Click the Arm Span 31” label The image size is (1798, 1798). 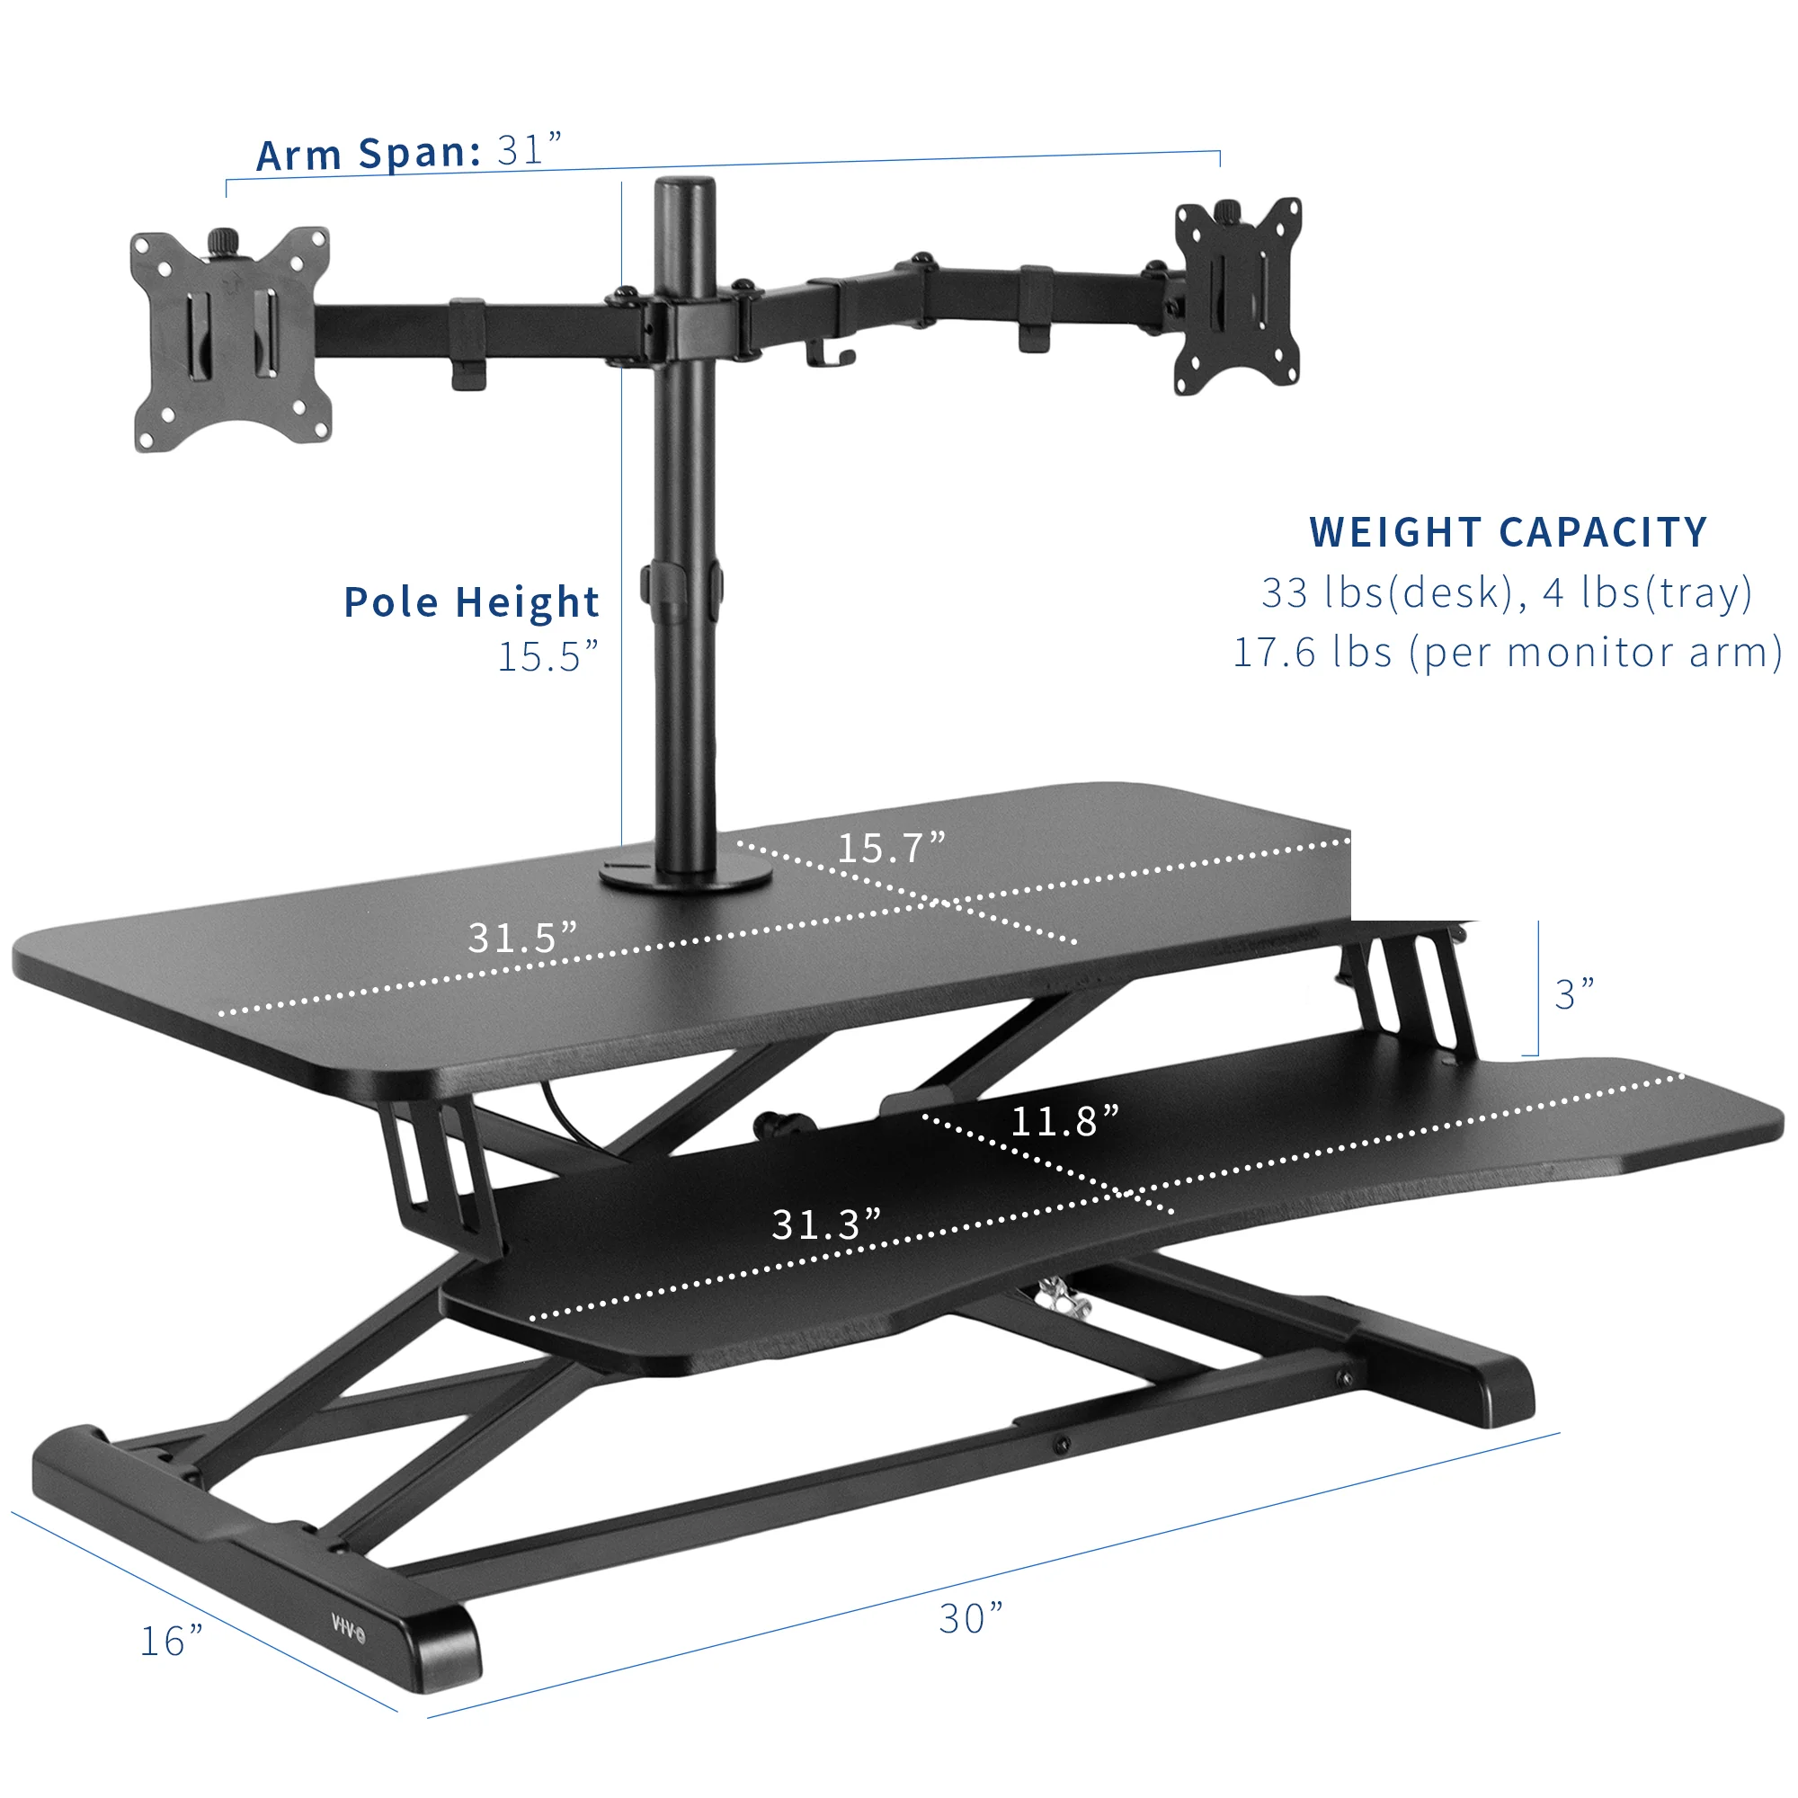point(409,152)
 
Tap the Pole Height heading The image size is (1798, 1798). point(471,602)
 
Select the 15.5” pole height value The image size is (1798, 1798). point(547,656)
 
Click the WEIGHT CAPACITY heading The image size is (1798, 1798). point(1508,532)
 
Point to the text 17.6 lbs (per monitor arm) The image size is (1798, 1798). point(1507,653)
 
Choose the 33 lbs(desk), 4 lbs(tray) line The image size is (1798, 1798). point(1507,592)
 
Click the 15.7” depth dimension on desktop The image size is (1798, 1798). point(891,847)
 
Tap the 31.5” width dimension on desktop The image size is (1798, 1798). point(522,937)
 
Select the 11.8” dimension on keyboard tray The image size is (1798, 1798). point(1064,1120)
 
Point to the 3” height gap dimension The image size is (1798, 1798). point(1575,994)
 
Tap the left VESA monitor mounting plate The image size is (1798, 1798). point(231,339)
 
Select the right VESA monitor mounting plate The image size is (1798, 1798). point(1237,296)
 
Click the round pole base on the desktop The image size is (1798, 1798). point(686,877)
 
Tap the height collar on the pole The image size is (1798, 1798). point(682,583)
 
